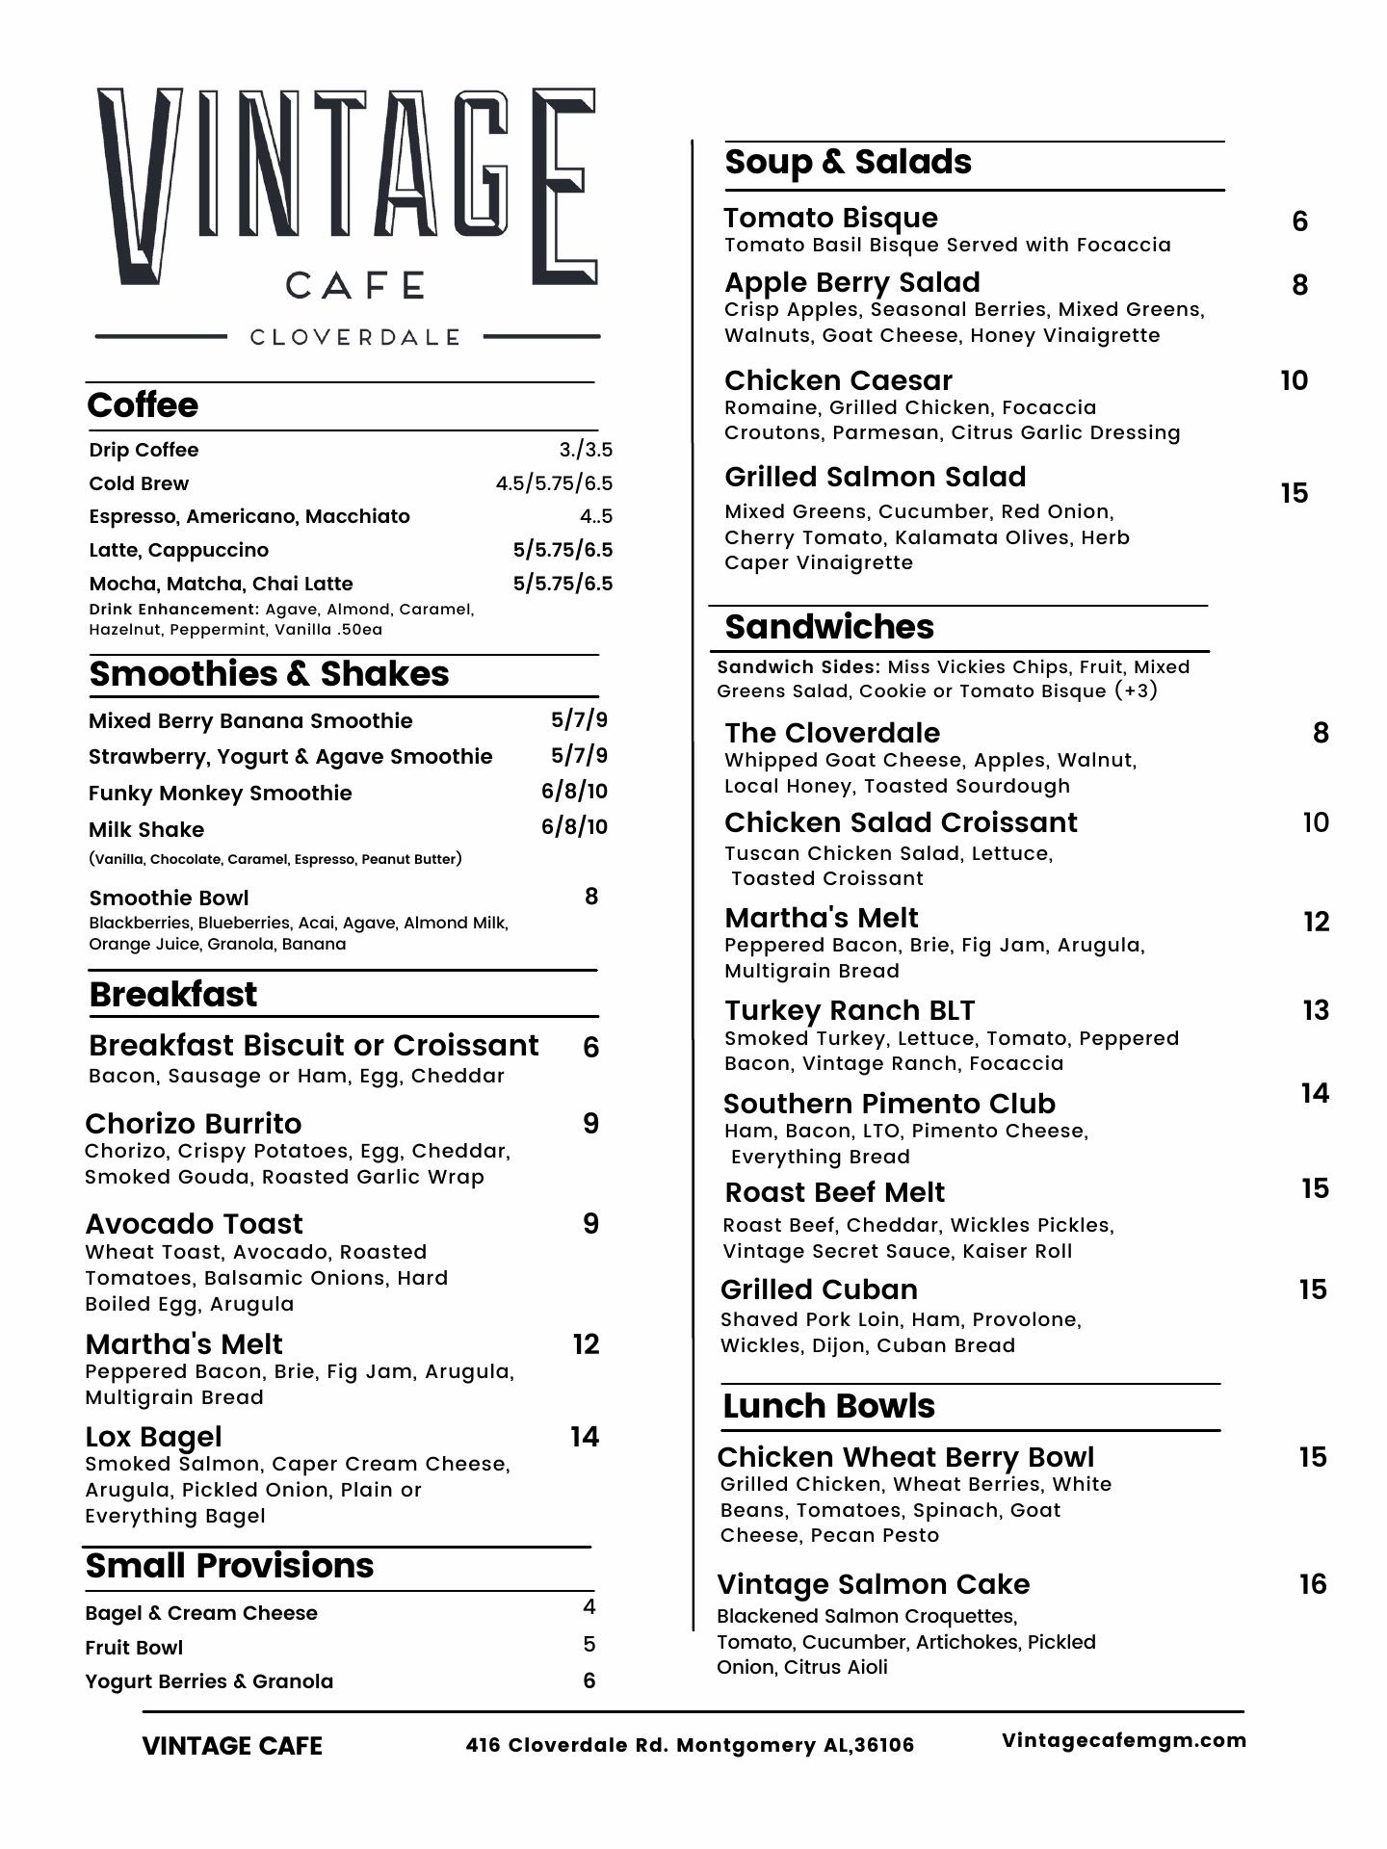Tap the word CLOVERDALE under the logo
tap(354, 337)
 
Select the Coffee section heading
tap(143, 405)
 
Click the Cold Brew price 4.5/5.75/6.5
tap(554, 483)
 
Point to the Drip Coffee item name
tap(144, 450)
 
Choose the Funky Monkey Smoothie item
tap(220, 793)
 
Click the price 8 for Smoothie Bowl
tap(591, 897)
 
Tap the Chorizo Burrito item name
tap(193, 1124)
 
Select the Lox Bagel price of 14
tap(585, 1437)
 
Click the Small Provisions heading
tap(229, 1566)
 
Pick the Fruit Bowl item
tap(134, 1648)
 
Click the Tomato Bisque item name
tap(830, 218)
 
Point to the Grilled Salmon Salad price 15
tap(1295, 493)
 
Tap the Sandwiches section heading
tap(829, 627)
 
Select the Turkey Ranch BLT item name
tap(850, 1010)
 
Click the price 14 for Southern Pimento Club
tap(1315, 1093)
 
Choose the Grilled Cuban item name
tap(819, 1289)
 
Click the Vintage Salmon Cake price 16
tap(1313, 1584)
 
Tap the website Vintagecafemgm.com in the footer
tap(1124, 1740)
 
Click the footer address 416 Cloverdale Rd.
tap(690, 1745)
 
